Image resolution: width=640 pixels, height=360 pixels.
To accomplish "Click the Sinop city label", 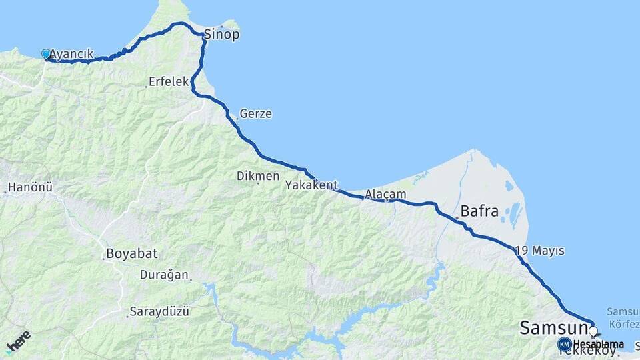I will [x=221, y=35].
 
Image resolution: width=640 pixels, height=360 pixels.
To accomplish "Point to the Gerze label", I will [x=256, y=114].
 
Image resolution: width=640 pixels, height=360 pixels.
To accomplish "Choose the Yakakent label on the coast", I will [x=311, y=185].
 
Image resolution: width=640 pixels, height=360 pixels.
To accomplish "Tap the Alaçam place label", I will [x=386, y=193].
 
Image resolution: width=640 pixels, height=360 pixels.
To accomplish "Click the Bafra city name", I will [x=479, y=212].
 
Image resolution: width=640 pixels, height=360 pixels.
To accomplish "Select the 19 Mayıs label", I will [x=541, y=251].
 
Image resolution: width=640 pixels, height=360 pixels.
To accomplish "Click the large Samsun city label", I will [x=553, y=328].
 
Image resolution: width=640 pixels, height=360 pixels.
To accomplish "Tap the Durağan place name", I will [x=164, y=275].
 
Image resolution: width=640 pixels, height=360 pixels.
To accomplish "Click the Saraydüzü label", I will [x=160, y=311].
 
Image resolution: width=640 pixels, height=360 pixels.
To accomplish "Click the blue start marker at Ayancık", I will [x=46, y=54].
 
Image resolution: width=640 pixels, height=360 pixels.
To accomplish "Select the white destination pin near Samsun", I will [x=592, y=331].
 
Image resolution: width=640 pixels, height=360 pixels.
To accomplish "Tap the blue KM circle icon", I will [x=565, y=345].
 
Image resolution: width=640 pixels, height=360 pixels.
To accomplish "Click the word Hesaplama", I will [x=598, y=345].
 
